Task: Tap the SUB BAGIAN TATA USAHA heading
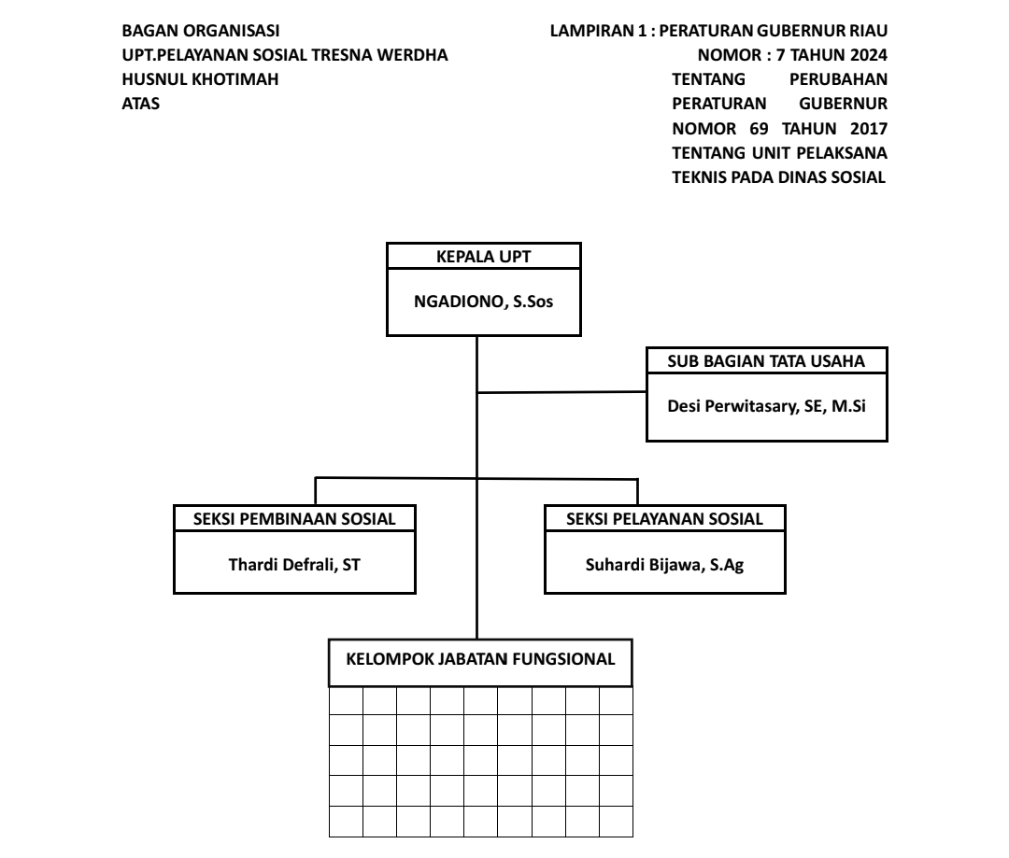pyautogui.click(x=766, y=361)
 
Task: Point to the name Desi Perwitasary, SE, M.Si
pyautogui.click(x=766, y=406)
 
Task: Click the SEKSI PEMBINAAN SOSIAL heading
pyautogui.click(x=295, y=519)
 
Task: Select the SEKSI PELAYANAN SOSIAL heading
pyautogui.click(x=664, y=519)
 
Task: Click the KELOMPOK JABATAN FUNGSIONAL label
pyautogui.click(x=481, y=659)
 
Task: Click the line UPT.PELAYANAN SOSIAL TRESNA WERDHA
pyautogui.click(x=285, y=55)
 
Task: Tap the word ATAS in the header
pyautogui.click(x=141, y=104)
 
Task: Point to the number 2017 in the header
pyautogui.click(x=868, y=128)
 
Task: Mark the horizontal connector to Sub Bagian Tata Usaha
pyautogui.click(x=561, y=392)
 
